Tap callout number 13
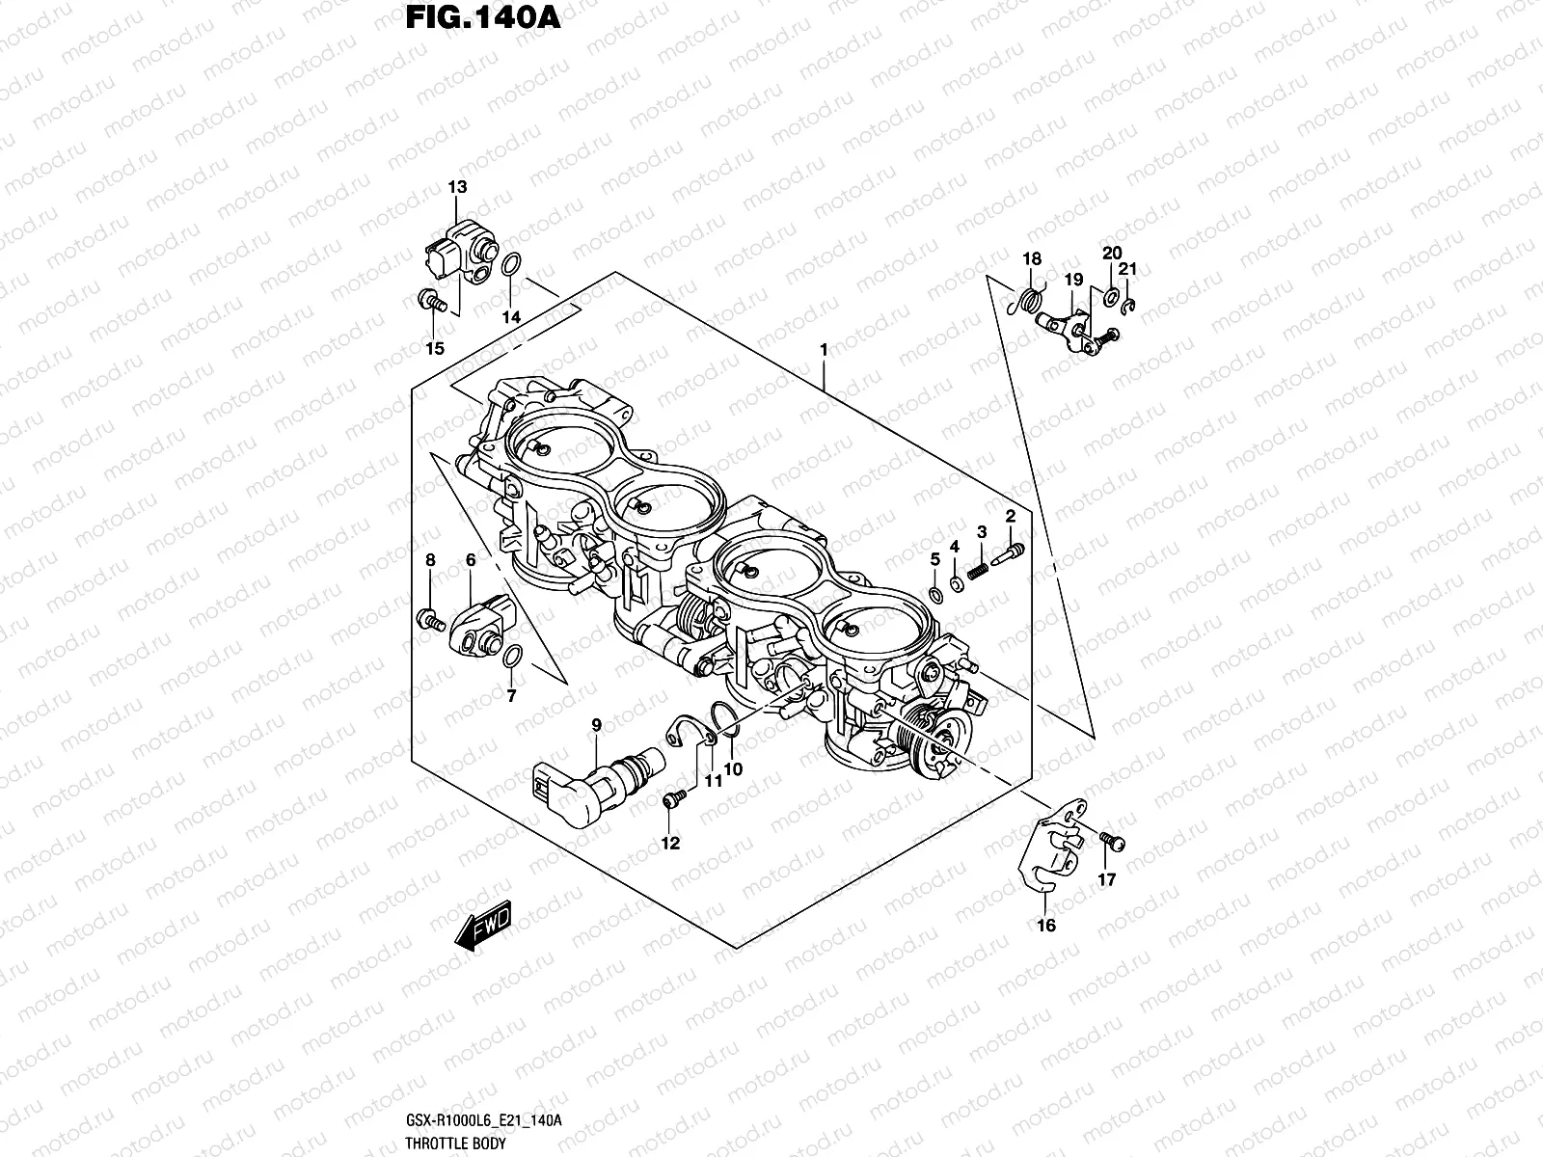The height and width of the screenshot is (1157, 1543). [457, 187]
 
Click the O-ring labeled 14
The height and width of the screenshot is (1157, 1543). [514, 263]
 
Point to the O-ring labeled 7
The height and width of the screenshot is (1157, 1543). [514, 657]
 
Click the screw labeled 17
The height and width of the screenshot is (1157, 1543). [1111, 842]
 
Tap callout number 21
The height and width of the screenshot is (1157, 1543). [1128, 270]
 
